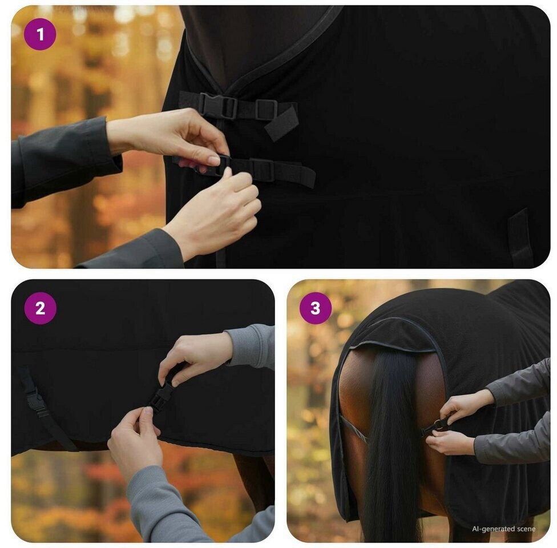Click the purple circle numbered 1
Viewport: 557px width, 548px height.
pyautogui.click(x=40, y=34)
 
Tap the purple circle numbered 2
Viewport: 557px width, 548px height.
pyautogui.click(x=40, y=308)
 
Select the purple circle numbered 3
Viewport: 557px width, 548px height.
pyautogui.click(x=316, y=308)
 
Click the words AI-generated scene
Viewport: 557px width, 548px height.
pyautogui.click(x=503, y=529)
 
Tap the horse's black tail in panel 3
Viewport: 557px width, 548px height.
pyautogui.click(x=391, y=444)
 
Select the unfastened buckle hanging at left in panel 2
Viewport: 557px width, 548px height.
pyautogui.click(x=37, y=401)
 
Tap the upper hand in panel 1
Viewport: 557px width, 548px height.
pyautogui.click(x=170, y=138)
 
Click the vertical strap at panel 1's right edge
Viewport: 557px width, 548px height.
pyautogui.click(x=520, y=238)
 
